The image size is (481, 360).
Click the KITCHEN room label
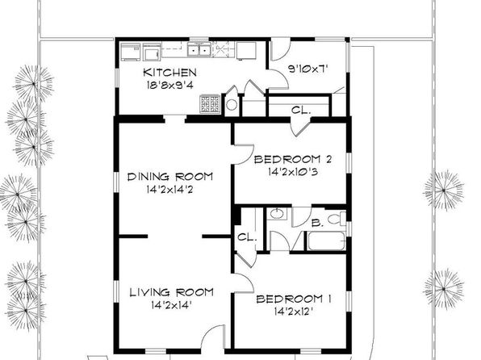click(x=169, y=73)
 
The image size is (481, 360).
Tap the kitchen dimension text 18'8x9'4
click(x=170, y=85)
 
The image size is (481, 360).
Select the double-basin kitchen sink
click(x=199, y=49)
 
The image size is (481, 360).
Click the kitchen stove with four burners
click(x=210, y=104)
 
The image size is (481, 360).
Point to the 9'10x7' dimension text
click(x=308, y=69)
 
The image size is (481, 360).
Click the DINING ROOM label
click(x=170, y=177)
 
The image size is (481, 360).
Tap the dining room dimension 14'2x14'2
click(x=169, y=190)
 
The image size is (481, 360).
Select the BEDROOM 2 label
click(x=293, y=159)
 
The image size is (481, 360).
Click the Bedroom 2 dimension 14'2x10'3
click(x=293, y=172)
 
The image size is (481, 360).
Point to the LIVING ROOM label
click(x=171, y=292)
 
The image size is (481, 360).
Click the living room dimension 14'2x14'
click(x=171, y=305)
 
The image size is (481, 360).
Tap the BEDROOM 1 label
click(x=294, y=299)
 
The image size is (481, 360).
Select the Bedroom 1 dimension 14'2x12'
click(x=294, y=312)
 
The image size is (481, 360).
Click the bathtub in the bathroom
click(x=326, y=241)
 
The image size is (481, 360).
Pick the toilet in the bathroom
click(x=337, y=219)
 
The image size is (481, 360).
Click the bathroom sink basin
click(x=278, y=214)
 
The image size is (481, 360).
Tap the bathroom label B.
click(x=317, y=223)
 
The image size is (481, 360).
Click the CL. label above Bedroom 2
click(x=301, y=110)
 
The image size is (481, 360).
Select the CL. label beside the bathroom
click(x=247, y=237)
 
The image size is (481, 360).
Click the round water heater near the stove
click(x=232, y=105)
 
